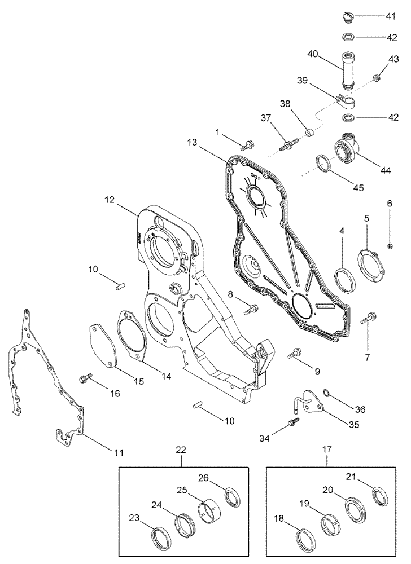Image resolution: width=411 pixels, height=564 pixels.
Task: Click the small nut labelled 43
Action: (376, 77)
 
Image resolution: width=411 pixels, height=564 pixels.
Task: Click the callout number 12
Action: (109, 200)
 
